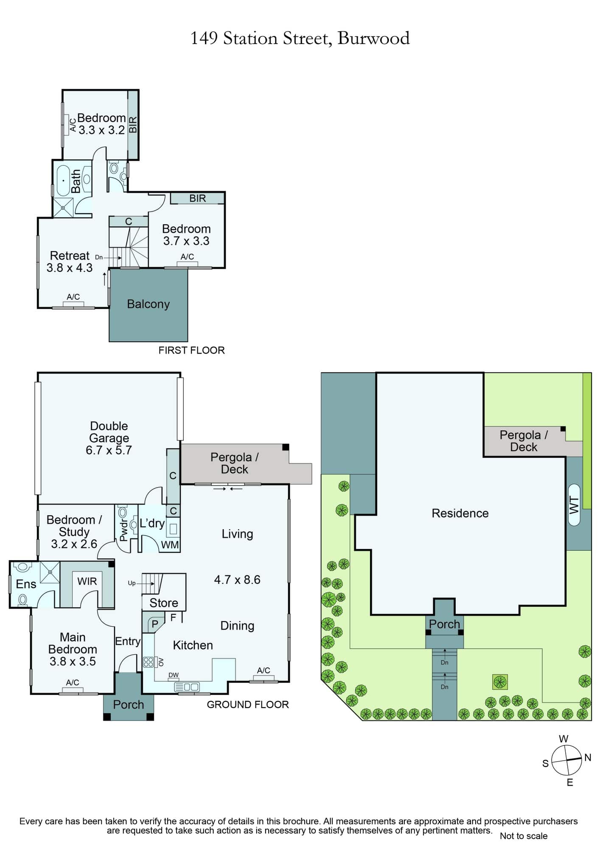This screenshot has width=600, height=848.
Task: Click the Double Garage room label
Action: click(x=109, y=432)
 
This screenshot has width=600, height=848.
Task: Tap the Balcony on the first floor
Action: click(x=148, y=305)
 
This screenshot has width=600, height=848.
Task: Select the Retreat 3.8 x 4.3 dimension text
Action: click(x=70, y=268)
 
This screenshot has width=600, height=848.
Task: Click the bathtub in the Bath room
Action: click(x=64, y=180)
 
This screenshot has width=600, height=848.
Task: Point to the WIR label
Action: click(x=87, y=581)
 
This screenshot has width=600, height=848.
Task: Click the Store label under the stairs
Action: click(x=164, y=603)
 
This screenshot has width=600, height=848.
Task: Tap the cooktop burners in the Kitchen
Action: click(x=149, y=662)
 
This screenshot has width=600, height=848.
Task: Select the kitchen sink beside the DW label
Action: click(x=187, y=687)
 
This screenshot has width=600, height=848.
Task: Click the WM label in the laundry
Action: click(x=170, y=545)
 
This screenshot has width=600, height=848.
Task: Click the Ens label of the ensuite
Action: click(x=26, y=584)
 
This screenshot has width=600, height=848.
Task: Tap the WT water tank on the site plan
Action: click(x=574, y=505)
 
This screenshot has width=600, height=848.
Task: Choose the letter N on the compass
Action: click(x=588, y=758)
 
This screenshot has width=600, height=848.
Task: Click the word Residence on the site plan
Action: click(x=460, y=513)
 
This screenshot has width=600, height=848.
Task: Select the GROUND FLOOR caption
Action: click(x=248, y=705)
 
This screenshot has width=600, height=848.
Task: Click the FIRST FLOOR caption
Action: click(x=191, y=350)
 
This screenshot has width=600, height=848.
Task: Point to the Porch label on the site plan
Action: click(x=444, y=624)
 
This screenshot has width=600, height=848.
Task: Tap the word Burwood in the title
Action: click(x=373, y=39)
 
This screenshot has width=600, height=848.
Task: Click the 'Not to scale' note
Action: click(x=524, y=836)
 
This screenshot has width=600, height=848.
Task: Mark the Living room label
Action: click(x=237, y=534)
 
